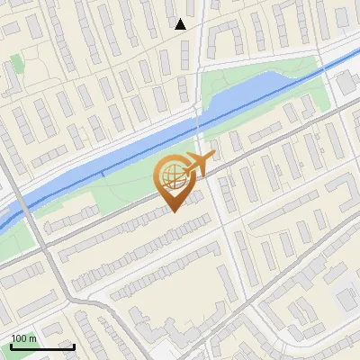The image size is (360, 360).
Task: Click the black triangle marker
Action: tap(181, 24)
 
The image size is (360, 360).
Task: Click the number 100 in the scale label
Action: tap(19, 338)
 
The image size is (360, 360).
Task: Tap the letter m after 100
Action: tap(32, 338)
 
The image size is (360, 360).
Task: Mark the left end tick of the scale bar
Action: tap(11, 345)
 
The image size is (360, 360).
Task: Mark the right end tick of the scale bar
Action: tap(74, 345)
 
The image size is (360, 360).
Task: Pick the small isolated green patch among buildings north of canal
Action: tap(16, 64)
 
